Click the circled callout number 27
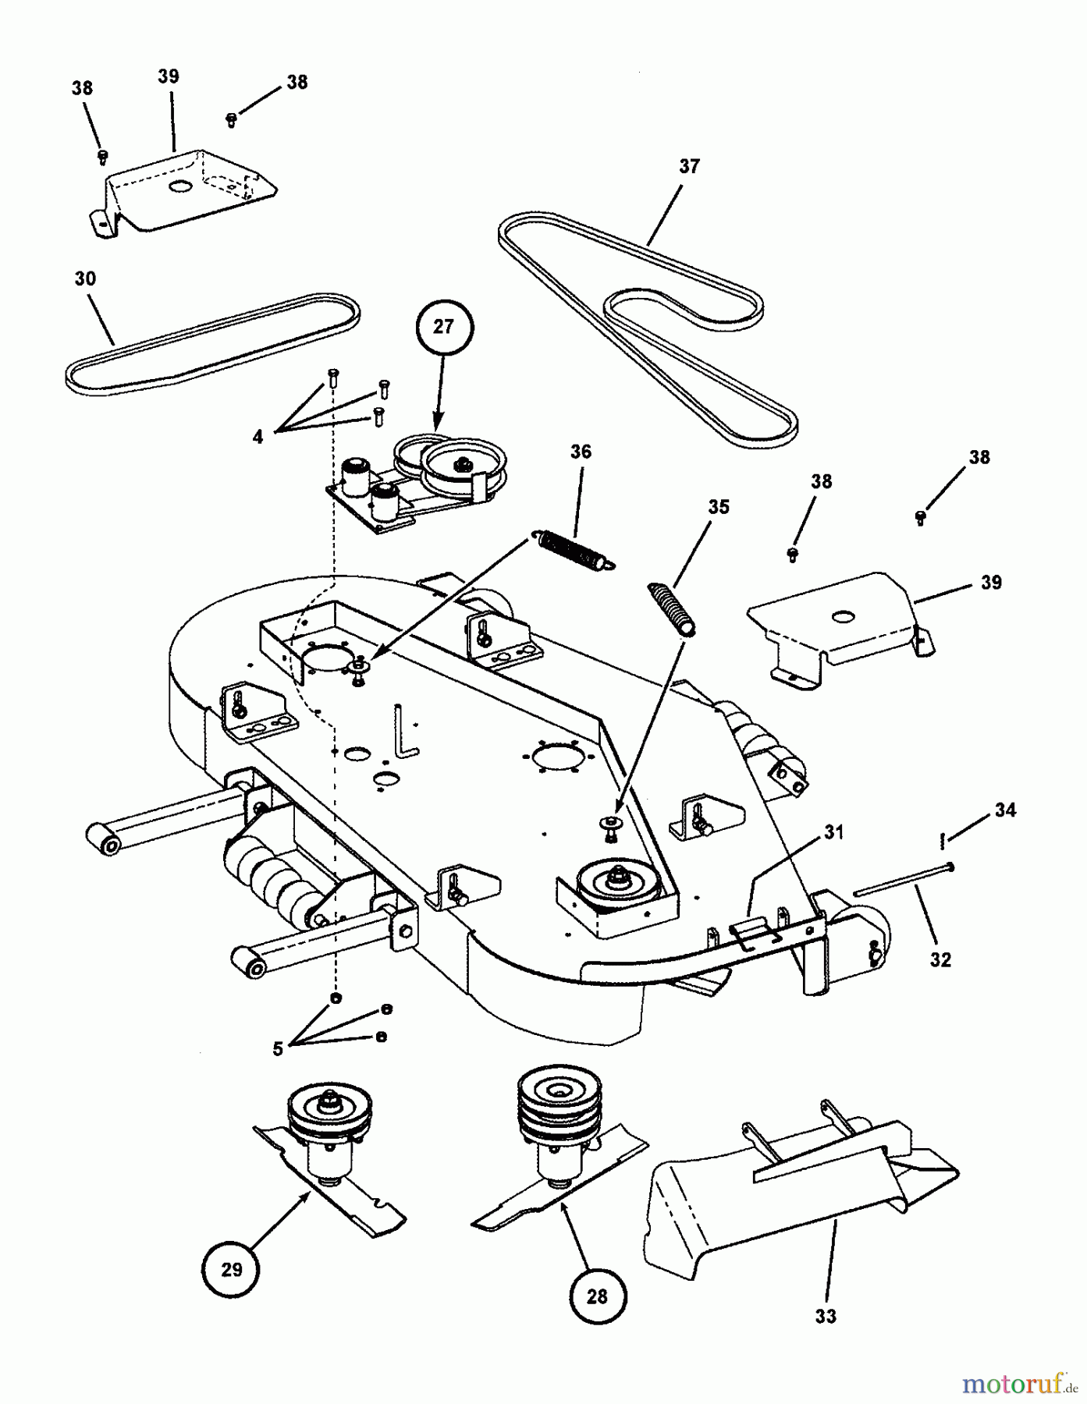coord(442,326)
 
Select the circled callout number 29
coord(231,1269)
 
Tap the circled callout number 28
coord(596,1296)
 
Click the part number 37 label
coord(689,166)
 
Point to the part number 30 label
coord(85,278)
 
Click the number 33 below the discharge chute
coord(826,1316)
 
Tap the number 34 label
coord(1005,810)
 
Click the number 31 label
coord(833,832)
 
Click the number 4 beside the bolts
coord(258,437)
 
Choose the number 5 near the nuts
coord(278,1049)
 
